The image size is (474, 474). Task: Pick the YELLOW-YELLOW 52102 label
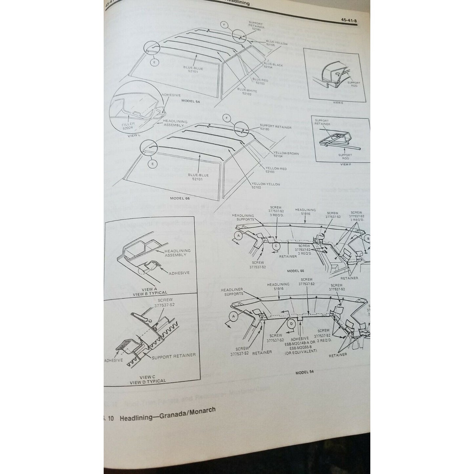tap(266, 186)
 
